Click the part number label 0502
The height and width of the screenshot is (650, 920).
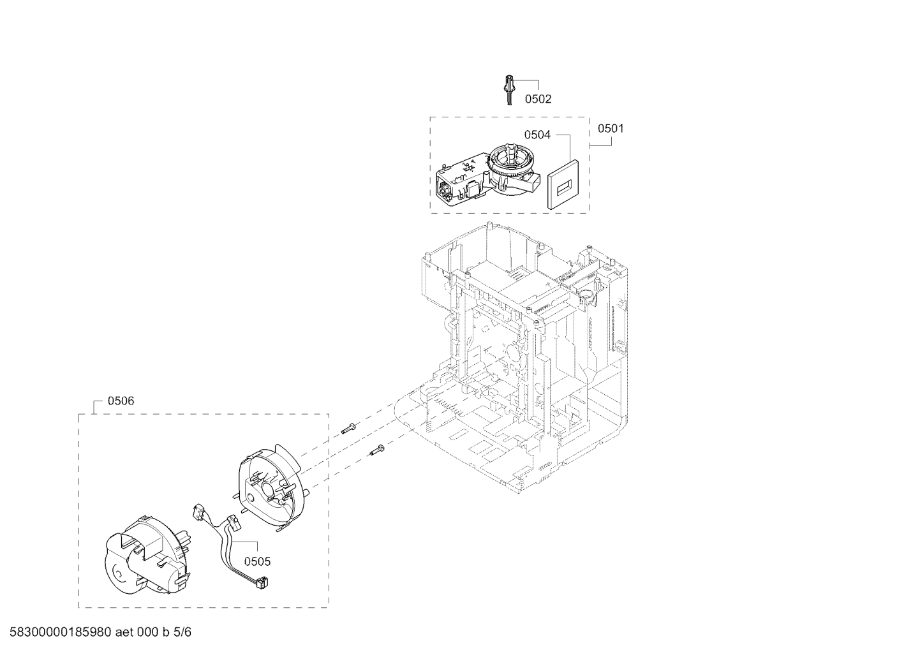[538, 99]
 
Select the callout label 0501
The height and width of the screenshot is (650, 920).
[611, 128]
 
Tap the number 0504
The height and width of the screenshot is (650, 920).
[537, 135]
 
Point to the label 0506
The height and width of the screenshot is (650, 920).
[121, 401]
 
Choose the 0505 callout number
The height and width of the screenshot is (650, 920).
[258, 561]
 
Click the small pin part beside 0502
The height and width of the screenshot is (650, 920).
[510, 89]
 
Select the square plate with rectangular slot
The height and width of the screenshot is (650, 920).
[563, 184]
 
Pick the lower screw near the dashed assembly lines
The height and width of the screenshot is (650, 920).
[376, 450]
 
